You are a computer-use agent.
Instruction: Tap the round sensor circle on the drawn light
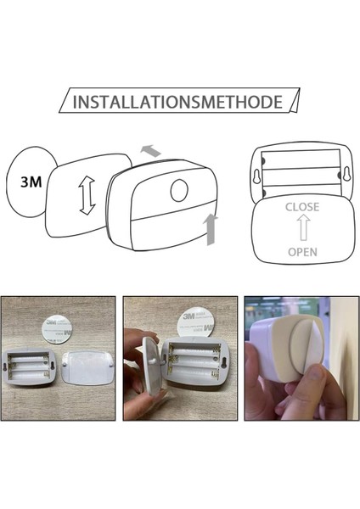[180, 190]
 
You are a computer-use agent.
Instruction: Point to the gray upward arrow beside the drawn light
[211, 229]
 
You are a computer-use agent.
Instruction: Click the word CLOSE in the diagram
[301, 206]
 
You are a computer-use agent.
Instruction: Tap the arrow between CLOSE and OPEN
[301, 230]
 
